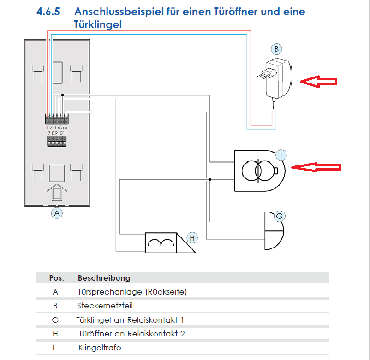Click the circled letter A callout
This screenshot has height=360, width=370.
click(x=57, y=213)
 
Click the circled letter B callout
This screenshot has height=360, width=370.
click(x=276, y=49)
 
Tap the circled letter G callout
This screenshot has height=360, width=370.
click(x=280, y=216)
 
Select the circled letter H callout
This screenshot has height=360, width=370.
click(x=192, y=238)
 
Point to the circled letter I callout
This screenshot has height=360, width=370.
click(x=281, y=155)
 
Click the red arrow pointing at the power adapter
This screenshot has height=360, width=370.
click(x=318, y=82)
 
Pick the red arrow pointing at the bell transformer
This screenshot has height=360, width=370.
click(x=316, y=167)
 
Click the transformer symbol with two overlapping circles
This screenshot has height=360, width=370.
click(x=258, y=171)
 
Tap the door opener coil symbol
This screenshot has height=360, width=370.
click(x=161, y=242)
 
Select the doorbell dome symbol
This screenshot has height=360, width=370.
click(x=274, y=230)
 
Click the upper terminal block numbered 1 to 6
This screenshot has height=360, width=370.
click(x=57, y=119)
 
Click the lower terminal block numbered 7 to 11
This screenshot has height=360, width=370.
click(x=57, y=141)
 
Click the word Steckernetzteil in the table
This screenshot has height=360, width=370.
click(x=105, y=306)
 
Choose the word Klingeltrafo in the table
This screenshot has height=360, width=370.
click(x=100, y=348)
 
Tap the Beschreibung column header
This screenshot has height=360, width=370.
click(x=104, y=278)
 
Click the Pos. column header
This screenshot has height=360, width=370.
click(x=57, y=278)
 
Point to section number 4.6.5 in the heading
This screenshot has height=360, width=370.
click(x=48, y=12)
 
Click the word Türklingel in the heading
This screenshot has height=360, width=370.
click(x=98, y=24)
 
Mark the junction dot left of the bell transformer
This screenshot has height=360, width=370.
click(x=210, y=180)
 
